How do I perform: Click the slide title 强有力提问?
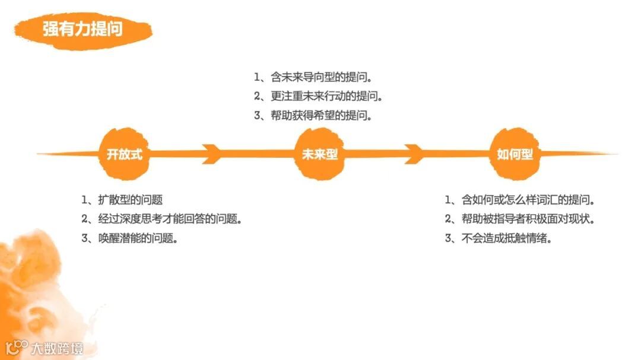click(x=82, y=29)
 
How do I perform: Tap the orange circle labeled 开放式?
click(x=125, y=154)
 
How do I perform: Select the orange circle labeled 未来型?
click(x=320, y=154)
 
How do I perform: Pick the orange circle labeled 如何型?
click(x=515, y=154)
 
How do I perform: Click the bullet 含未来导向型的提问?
click(x=321, y=77)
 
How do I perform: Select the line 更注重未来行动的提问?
click(x=326, y=96)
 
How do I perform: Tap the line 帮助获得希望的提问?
click(x=321, y=116)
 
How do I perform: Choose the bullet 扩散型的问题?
click(x=130, y=200)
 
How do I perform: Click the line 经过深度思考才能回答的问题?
click(x=170, y=219)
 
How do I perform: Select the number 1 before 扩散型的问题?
click(x=85, y=200)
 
